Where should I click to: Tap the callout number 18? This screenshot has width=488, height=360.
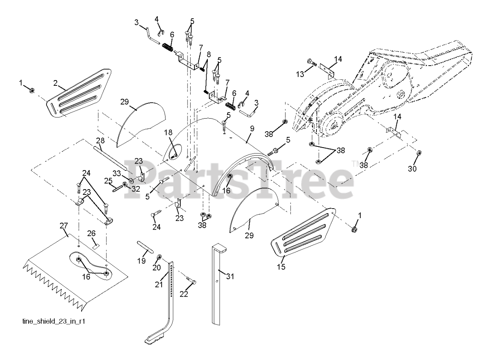(x=168, y=132)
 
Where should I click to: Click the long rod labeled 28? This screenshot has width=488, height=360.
(x=111, y=156)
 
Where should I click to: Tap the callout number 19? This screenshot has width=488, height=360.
(x=141, y=261)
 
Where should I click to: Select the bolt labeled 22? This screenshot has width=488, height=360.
(x=191, y=281)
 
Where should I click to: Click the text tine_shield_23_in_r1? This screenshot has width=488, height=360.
(x=53, y=321)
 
